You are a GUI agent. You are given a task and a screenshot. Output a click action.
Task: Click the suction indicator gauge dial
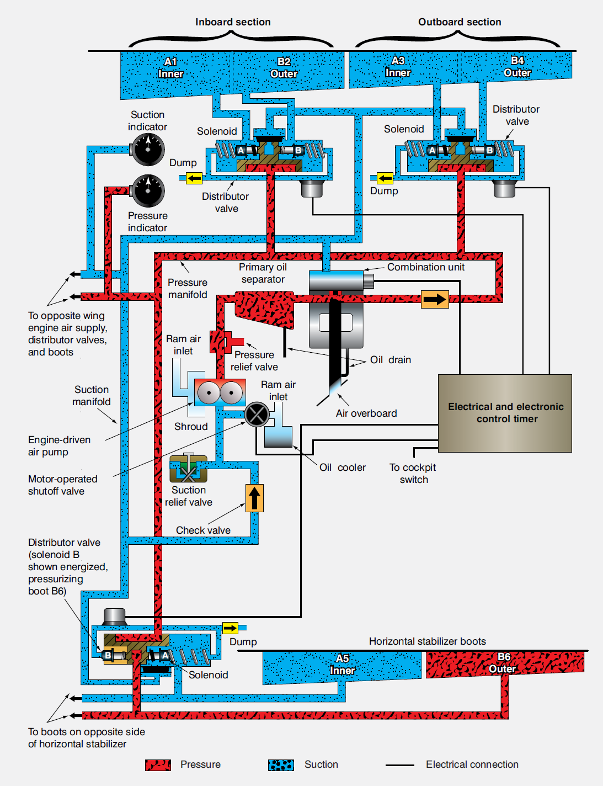tap(148, 149)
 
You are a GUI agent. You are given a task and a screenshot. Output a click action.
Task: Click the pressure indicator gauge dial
tap(148, 191)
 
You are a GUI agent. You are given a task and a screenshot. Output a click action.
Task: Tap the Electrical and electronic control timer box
tap(505, 413)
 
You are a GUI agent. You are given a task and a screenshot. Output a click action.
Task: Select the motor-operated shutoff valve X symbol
tap(257, 414)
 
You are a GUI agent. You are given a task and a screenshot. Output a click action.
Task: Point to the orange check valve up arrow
tap(254, 498)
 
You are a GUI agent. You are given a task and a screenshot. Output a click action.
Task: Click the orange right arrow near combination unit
tap(435, 299)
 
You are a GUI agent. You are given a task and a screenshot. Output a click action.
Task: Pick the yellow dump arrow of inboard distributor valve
tap(194, 178)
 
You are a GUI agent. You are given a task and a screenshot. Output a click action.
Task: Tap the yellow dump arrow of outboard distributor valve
tap(385, 178)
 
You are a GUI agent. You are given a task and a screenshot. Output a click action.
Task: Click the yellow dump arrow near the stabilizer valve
tap(230, 628)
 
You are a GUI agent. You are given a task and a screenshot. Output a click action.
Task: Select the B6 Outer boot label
tap(503, 663)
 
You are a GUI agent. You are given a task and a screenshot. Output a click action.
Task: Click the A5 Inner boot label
tap(343, 665)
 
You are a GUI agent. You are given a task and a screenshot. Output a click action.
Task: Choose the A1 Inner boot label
tap(170, 68)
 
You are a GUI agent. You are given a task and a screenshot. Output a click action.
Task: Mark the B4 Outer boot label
tap(517, 67)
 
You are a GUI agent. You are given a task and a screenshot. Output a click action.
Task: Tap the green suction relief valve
tap(188, 470)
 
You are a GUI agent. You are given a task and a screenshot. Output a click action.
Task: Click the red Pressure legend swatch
tap(158, 765)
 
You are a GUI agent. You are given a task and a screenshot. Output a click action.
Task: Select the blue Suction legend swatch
tap(281, 765)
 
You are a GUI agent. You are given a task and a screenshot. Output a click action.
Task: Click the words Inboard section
tap(233, 22)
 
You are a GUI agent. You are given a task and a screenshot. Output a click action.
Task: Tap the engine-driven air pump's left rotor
tap(209, 394)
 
